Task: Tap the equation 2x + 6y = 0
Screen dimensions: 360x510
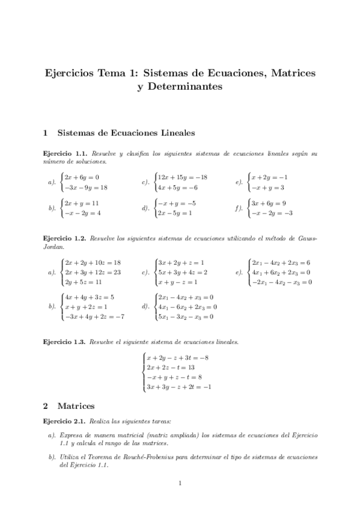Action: (82, 177)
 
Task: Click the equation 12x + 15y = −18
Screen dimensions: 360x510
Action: (182, 177)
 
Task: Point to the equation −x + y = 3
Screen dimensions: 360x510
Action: (269, 188)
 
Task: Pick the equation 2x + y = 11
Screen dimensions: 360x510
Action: (82, 203)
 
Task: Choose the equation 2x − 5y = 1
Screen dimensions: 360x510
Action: (175, 214)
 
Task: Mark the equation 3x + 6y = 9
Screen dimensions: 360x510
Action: (269, 203)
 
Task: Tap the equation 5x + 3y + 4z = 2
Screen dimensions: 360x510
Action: (182, 272)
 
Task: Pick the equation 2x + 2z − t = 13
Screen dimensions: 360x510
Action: (171, 367)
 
